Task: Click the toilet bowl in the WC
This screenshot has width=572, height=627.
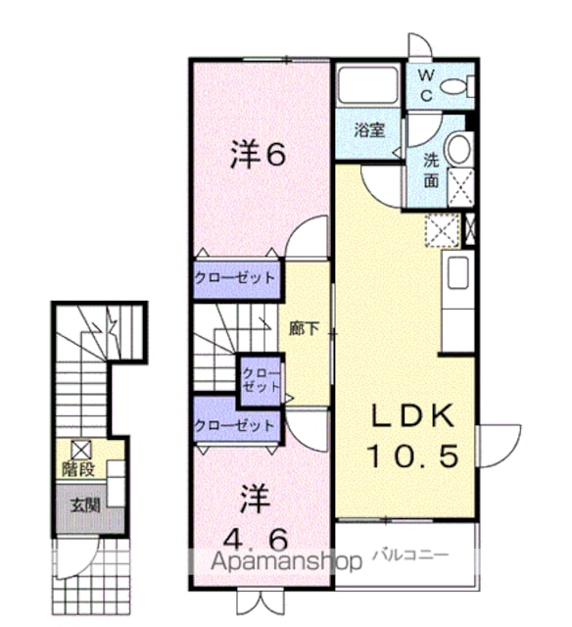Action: (x=453, y=86)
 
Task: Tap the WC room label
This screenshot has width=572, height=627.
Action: (x=427, y=84)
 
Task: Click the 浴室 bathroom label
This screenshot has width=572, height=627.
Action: (x=369, y=130)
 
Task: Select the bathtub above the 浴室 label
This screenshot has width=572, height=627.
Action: (x=367, y=85)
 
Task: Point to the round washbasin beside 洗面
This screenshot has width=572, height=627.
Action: (x=459, y=148)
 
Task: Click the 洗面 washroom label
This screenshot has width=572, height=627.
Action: (x=431, y=170)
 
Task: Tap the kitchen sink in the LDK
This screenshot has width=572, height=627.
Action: (x=458, y=272)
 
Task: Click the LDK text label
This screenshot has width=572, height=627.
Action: (x=413, y=415)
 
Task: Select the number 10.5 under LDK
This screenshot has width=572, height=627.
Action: (x=412, y=457)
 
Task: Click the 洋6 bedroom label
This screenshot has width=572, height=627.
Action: (x=258, y=155)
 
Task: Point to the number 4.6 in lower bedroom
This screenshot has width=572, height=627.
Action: (x=256, y=540)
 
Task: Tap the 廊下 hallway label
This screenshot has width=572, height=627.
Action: (x=305, y=329)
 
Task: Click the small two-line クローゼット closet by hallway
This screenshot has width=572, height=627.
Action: (x=262, y=381)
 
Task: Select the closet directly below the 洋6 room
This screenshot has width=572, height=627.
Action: (x=235, y=278)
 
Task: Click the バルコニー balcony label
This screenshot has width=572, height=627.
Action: (x=410, y=555)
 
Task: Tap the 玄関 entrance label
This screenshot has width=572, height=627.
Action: (x=85, y=506)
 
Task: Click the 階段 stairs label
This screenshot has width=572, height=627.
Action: (x=78, y=469)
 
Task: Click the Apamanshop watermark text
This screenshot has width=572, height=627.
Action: (x=286, y=561)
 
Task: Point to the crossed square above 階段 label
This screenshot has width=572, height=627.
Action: (x=81, y=450)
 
